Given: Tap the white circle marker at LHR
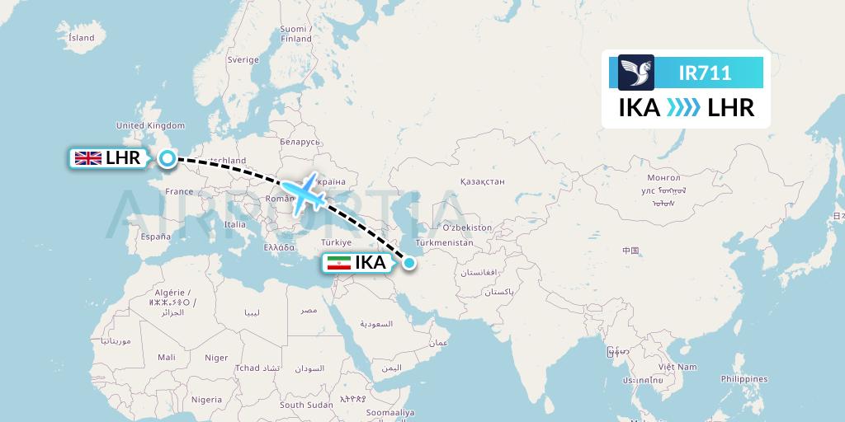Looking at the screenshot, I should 168,159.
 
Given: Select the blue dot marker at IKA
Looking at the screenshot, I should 409,263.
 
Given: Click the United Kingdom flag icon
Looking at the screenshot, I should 87,158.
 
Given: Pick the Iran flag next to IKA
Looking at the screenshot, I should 338,263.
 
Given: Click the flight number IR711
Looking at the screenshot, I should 704,73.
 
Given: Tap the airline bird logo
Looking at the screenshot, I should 635,73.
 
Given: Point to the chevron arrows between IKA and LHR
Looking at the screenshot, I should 683,108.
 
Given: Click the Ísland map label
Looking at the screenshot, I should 82,38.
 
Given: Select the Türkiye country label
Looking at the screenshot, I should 337,242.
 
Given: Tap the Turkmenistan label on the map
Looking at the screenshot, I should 446,243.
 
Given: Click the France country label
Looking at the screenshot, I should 179,191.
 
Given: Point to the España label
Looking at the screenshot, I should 155,237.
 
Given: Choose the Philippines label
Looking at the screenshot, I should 744,378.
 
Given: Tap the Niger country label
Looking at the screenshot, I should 216,358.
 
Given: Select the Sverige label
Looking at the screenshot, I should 243,59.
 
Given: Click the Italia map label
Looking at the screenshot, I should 235,224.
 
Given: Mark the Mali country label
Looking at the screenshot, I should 167,357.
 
